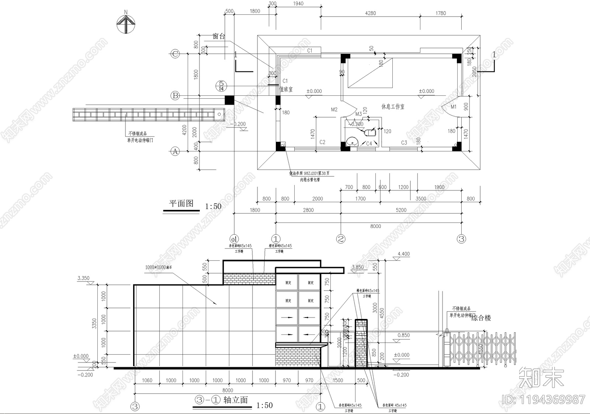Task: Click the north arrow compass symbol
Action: pyautogui.click(x=126, y=24)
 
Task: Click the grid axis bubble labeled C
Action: pyautogui.click(x=175, y=54)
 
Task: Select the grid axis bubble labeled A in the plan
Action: pyautogui.click(x=175, y=151)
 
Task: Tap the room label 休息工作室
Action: pyautogui.click(x=393, y=106)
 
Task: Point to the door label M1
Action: pyautogui.click(x=454, y=106)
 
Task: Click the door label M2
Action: pyautogui.click(x=334, y=109)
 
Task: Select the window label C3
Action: pyautogui.click(x=404, y=142)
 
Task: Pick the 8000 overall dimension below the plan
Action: pyautogui.click(x=375, y=226)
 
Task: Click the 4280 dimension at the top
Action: pyautogui.click(x=370, y=13)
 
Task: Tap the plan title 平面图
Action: pyautogui.click(x=181, y=204)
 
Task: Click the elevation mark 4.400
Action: pyautogui.click(x=403, y=254)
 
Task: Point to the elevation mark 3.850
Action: pyautogui.click(x=358, y=267)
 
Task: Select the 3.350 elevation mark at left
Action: pyautogui.click(x=83, y=278)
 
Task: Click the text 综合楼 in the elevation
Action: pyautogui.click(x=481, y=318)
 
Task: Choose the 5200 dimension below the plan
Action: pyautogui.click(x=401, y=210)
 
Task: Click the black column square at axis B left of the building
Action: pyautogui.click(x=229, y=100)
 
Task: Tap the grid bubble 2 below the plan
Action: pyautogui.click(x=341, y=239)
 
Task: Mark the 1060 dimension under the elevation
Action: pyautogui.click(x=146, y=380)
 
